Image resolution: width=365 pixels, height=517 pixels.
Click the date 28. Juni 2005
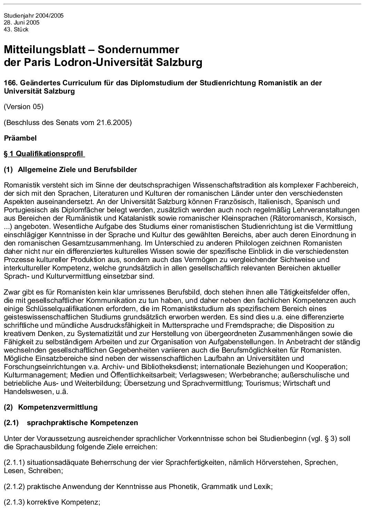click(21, 23)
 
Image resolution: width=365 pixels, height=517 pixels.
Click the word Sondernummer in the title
click(138, 50)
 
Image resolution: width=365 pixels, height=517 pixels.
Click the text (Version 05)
click(23, 107)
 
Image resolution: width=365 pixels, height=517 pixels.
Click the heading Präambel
click(20, 138)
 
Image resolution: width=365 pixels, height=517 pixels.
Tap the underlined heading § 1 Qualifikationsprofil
click(44, 154)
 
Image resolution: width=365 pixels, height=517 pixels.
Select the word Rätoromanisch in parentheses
click(295, 218)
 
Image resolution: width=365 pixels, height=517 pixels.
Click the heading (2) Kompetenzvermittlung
click(51, 407)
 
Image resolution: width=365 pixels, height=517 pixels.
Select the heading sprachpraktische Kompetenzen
click(78, 423)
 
